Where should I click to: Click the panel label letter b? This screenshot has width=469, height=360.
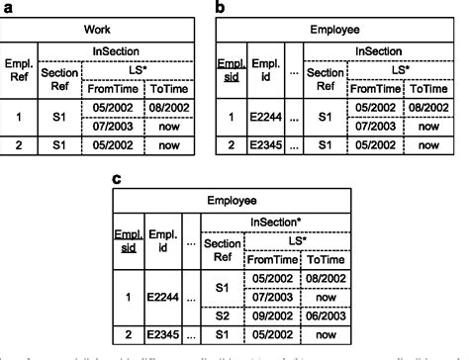[221, 8]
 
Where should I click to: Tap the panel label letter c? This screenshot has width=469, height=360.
[118, 180]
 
